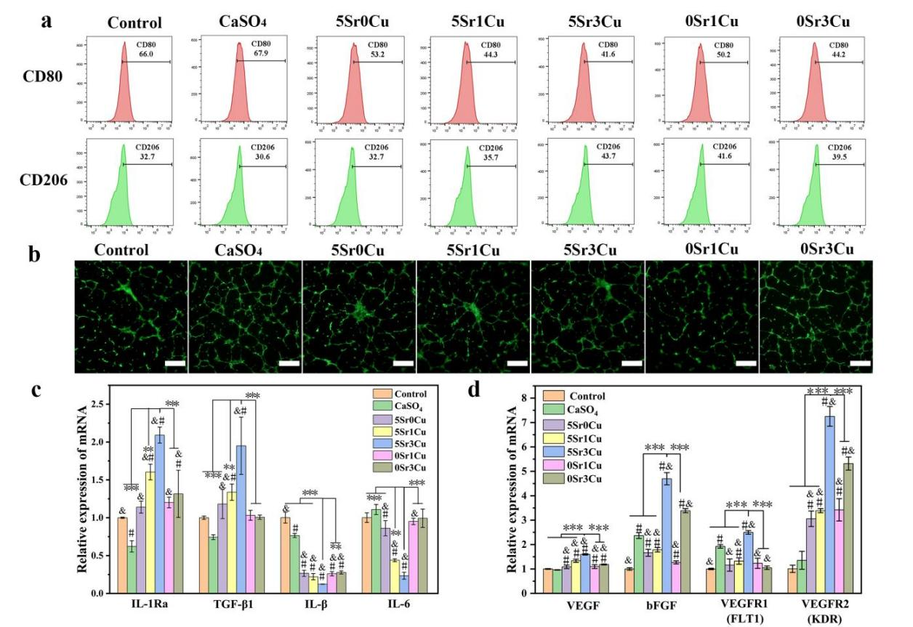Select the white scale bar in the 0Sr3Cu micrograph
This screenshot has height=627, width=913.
click(x=860, y=361)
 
